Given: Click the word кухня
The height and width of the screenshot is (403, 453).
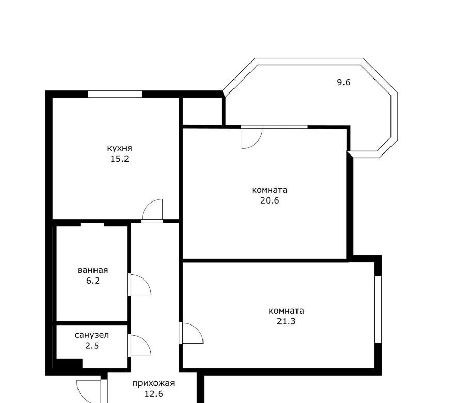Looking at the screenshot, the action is (120, 148).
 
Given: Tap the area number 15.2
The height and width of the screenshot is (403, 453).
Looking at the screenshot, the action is (120, 159).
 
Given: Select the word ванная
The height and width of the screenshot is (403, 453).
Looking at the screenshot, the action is (93, 270).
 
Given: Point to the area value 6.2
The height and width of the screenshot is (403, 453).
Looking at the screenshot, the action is (93, 281).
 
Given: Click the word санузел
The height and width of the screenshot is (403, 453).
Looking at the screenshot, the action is (92, 335).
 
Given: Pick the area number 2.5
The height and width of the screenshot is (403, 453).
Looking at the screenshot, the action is (92, 346).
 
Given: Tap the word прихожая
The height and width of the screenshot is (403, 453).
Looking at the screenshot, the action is (153, 384).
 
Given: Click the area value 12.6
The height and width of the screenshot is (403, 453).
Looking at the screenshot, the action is (154, 394).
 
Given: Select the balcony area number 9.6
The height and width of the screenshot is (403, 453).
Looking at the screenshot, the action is (344, 82).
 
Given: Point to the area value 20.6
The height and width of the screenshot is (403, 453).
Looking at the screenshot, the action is (270, 200).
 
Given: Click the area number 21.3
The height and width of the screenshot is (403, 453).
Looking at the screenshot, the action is (286, 321).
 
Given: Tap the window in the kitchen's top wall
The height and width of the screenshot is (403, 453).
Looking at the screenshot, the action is (115, 94).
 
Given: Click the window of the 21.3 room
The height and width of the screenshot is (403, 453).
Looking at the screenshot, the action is (378, 309).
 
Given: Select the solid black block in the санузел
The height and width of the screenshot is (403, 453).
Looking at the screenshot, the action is (68, 363).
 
